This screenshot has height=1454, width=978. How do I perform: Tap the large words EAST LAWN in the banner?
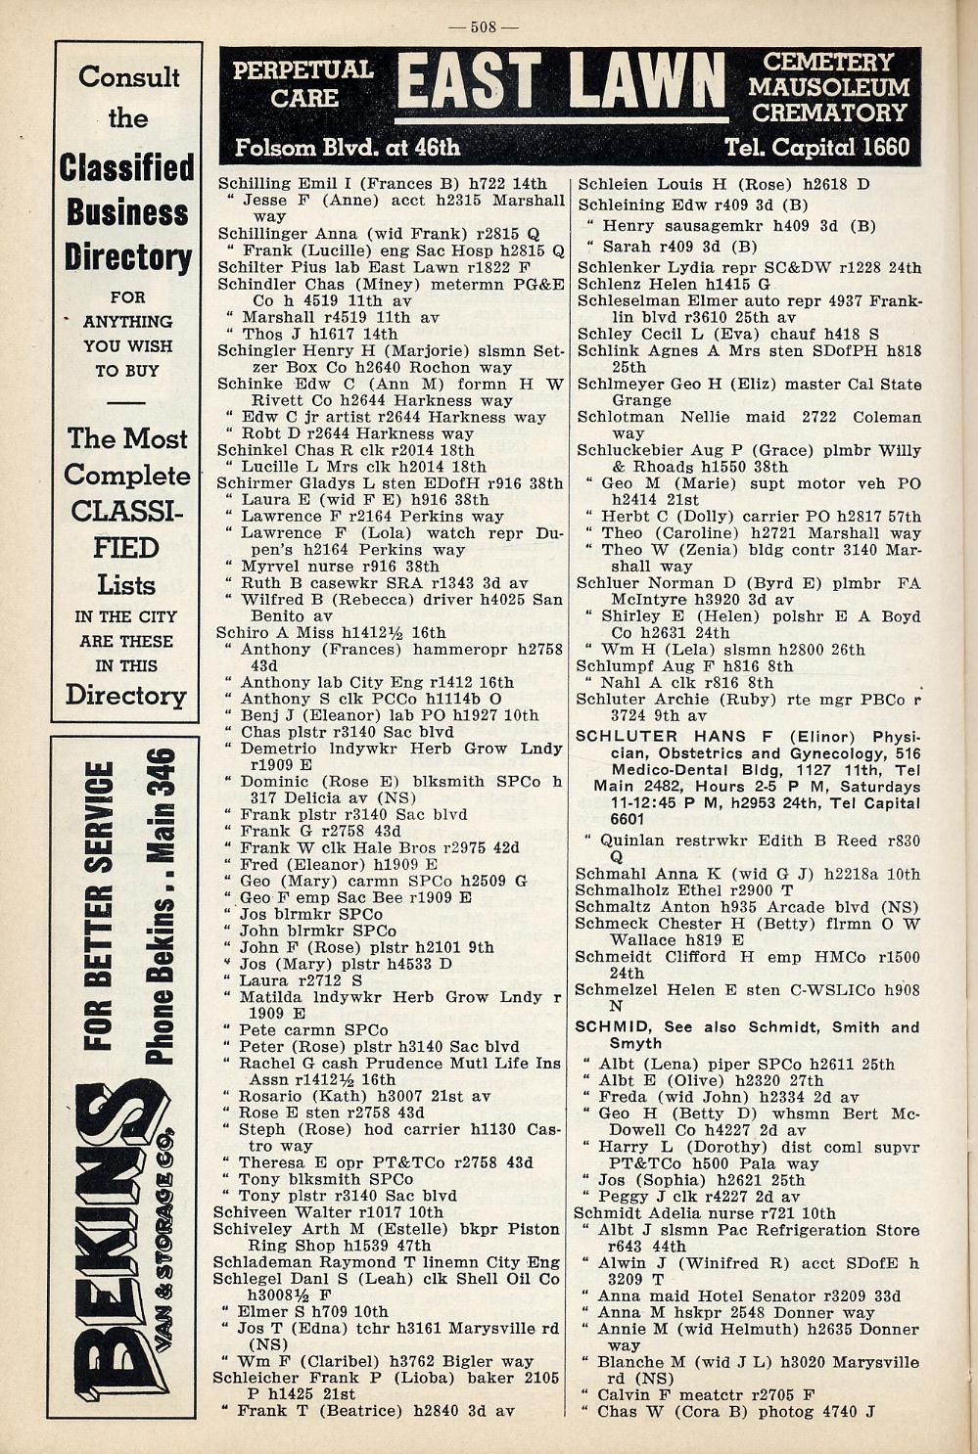click(562, 82)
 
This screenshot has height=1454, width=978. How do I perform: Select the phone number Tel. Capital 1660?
click(816, 148)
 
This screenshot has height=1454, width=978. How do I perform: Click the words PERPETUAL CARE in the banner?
click(303, 84)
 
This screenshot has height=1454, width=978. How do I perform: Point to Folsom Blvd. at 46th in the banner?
click(347, 149)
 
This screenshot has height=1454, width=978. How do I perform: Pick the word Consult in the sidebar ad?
click(129, 76)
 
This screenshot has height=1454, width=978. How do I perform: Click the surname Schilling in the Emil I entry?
click(255, 183)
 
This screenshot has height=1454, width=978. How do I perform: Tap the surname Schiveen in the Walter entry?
click(250, 1211)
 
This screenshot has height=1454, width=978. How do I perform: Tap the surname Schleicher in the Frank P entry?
click(256, 1378)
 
